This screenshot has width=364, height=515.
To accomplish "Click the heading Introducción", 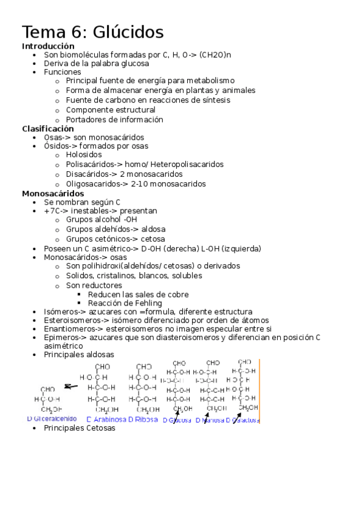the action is pos(48,46).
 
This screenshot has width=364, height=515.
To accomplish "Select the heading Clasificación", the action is pos(48,129).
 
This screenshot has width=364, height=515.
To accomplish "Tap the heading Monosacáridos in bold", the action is pos(53,194).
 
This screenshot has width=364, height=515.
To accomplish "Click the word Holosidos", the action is pos(84,155).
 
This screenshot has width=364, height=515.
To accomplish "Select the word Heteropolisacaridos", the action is pos(182,164).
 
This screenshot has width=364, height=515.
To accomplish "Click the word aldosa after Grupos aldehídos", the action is pos(153,230).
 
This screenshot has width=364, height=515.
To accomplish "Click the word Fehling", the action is pos(148,303).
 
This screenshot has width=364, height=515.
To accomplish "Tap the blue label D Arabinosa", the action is pos(106,419).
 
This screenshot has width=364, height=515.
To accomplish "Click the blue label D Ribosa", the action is pos(143,419).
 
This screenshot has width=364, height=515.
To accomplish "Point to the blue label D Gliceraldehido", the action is pos(52,419).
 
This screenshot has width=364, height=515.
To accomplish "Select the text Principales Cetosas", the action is pos(79,428).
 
